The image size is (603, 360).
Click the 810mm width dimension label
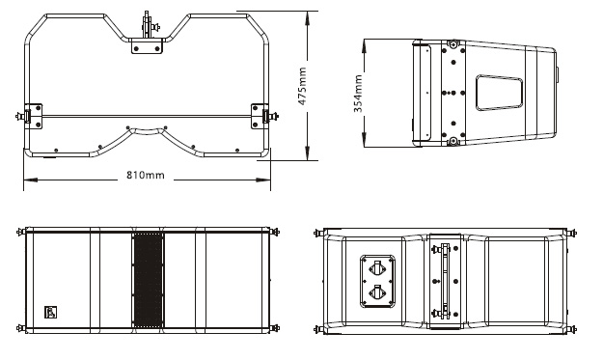point(146,175)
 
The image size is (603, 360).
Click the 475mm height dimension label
point(302,86)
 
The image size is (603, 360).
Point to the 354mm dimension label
point(358,94)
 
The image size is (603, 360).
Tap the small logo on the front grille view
point(50,312)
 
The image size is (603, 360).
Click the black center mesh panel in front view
point(148,280)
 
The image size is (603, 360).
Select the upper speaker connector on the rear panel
point(377,267)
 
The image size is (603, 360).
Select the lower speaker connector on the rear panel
point(377,292)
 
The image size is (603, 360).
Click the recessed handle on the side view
point(499,93)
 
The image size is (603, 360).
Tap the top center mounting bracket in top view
point(147,45)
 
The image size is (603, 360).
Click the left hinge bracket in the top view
point(33,116)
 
